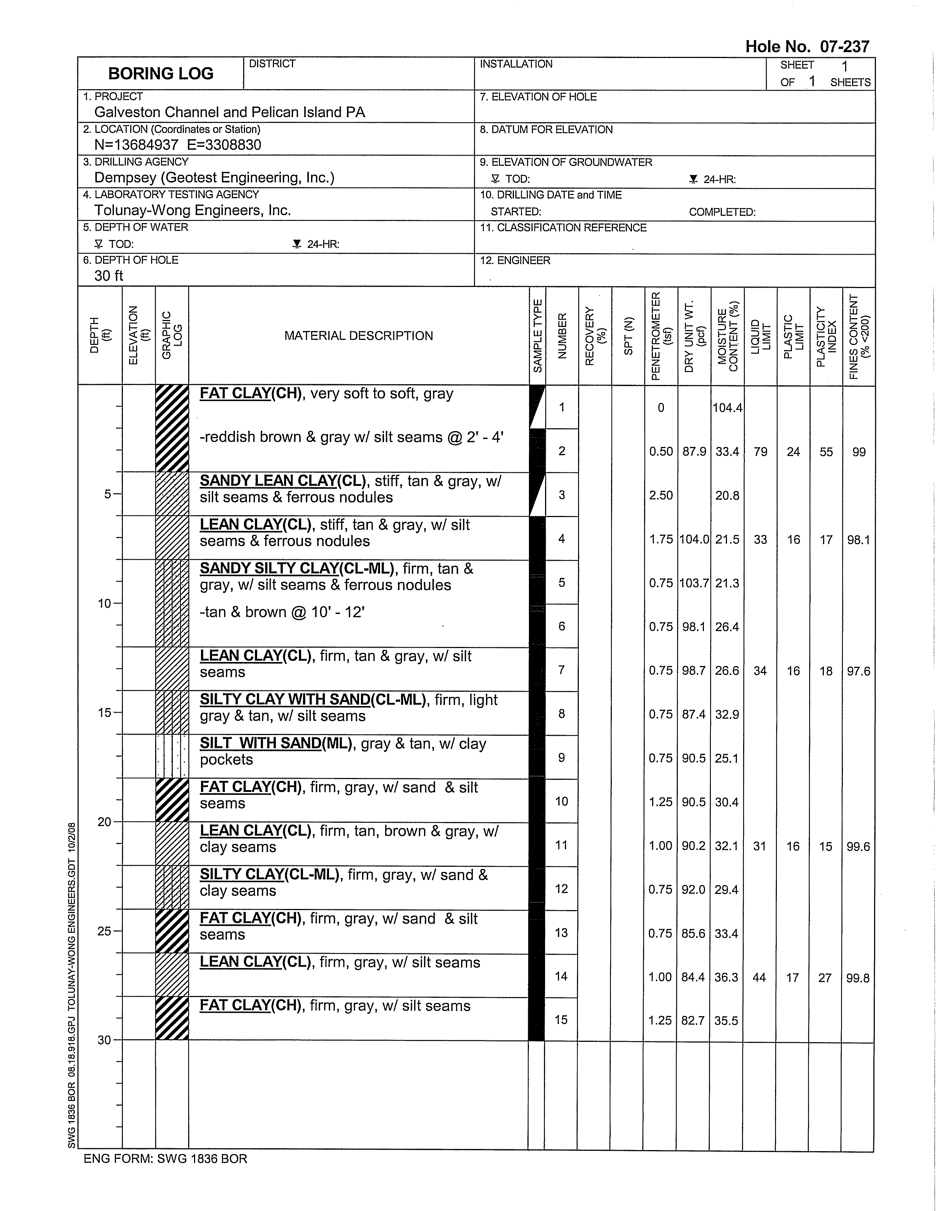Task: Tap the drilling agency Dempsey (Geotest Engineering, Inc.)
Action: pyautogui.click(x=214, y=178)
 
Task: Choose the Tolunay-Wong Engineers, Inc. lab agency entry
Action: pyautogui.click(x=192, y=211)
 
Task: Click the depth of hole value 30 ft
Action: pyautogui.click(x=109, y=276)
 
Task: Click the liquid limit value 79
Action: pyautogui.click(x=760, y=452)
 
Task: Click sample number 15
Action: pyautogui.click(x=561, y=1020)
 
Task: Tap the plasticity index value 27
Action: pyautogui.click(x=825, y=978)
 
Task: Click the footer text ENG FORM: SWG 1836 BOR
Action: pyautogui.click(x=165, y=1159)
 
